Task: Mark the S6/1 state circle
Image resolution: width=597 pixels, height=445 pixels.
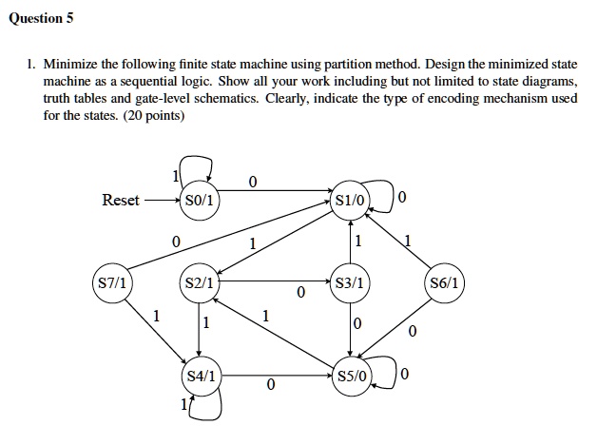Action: (x=444, y=282)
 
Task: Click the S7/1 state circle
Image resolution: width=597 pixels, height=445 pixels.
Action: (x=111, y=282)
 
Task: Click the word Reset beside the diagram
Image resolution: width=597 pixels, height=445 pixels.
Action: (x=121, y=200)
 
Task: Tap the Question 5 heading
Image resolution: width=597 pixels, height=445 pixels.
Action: (x=41, y=19)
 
